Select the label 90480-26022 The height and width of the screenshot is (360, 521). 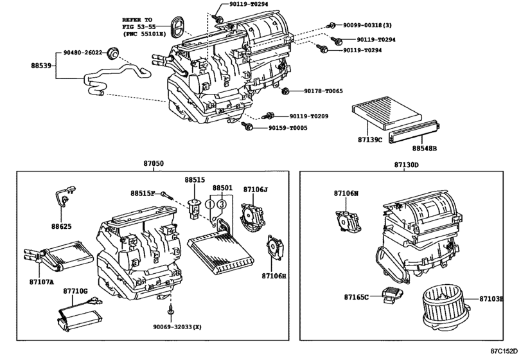(83, 53)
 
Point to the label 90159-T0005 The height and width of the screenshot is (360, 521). (288, 128)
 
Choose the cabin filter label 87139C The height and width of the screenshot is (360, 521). (370, 139)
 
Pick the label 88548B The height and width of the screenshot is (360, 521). (425, 148)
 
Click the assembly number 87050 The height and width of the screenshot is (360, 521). (153, 165)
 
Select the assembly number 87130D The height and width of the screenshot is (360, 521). (407, 165)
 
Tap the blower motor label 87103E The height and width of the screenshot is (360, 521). (495, 298)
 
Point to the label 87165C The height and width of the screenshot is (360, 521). (356, 297)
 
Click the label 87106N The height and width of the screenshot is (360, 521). (346, 193)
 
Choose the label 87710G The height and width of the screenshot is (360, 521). (75, 291)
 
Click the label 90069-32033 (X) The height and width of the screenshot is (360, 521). (177, 327)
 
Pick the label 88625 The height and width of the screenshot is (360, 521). (64, 226)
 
